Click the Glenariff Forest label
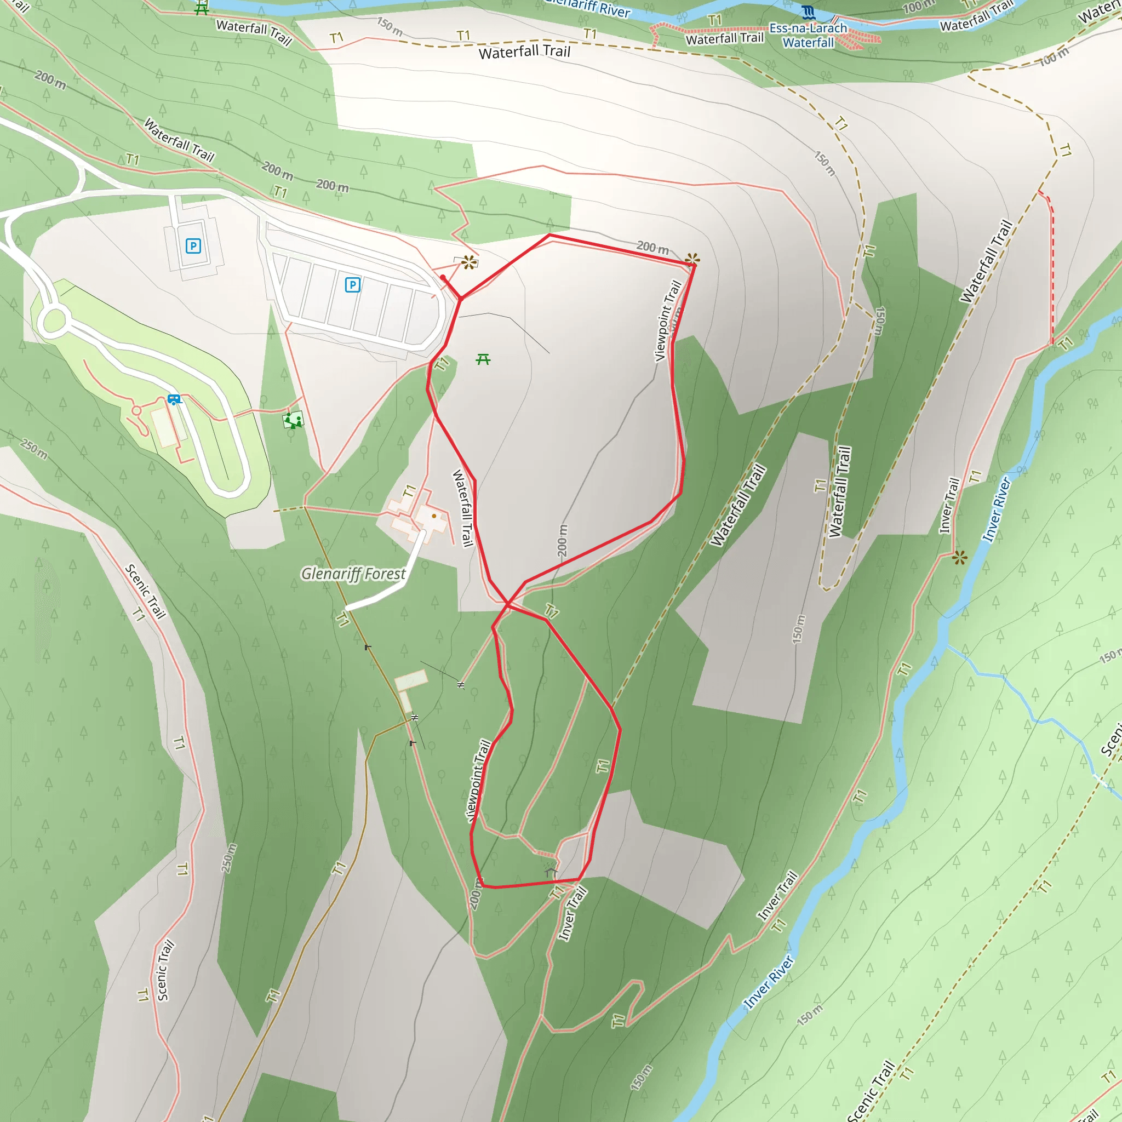pos(353,574)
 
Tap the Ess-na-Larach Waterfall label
pos(808,36)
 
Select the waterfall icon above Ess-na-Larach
pos(808,12)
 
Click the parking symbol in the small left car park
pos(193,246)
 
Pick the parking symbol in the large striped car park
pos(352,285)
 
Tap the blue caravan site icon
pos(174,399)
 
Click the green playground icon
pos(293,420)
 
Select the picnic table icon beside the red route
pos(483,360)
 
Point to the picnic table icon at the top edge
pos(202,8)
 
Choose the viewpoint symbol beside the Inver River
pos(960,558)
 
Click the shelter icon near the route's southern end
pos(551,872)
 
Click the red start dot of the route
pos(443,278)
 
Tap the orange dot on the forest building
pos(434,516)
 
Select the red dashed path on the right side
pos(1052,273)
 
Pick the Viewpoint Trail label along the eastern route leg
pos(668,320)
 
